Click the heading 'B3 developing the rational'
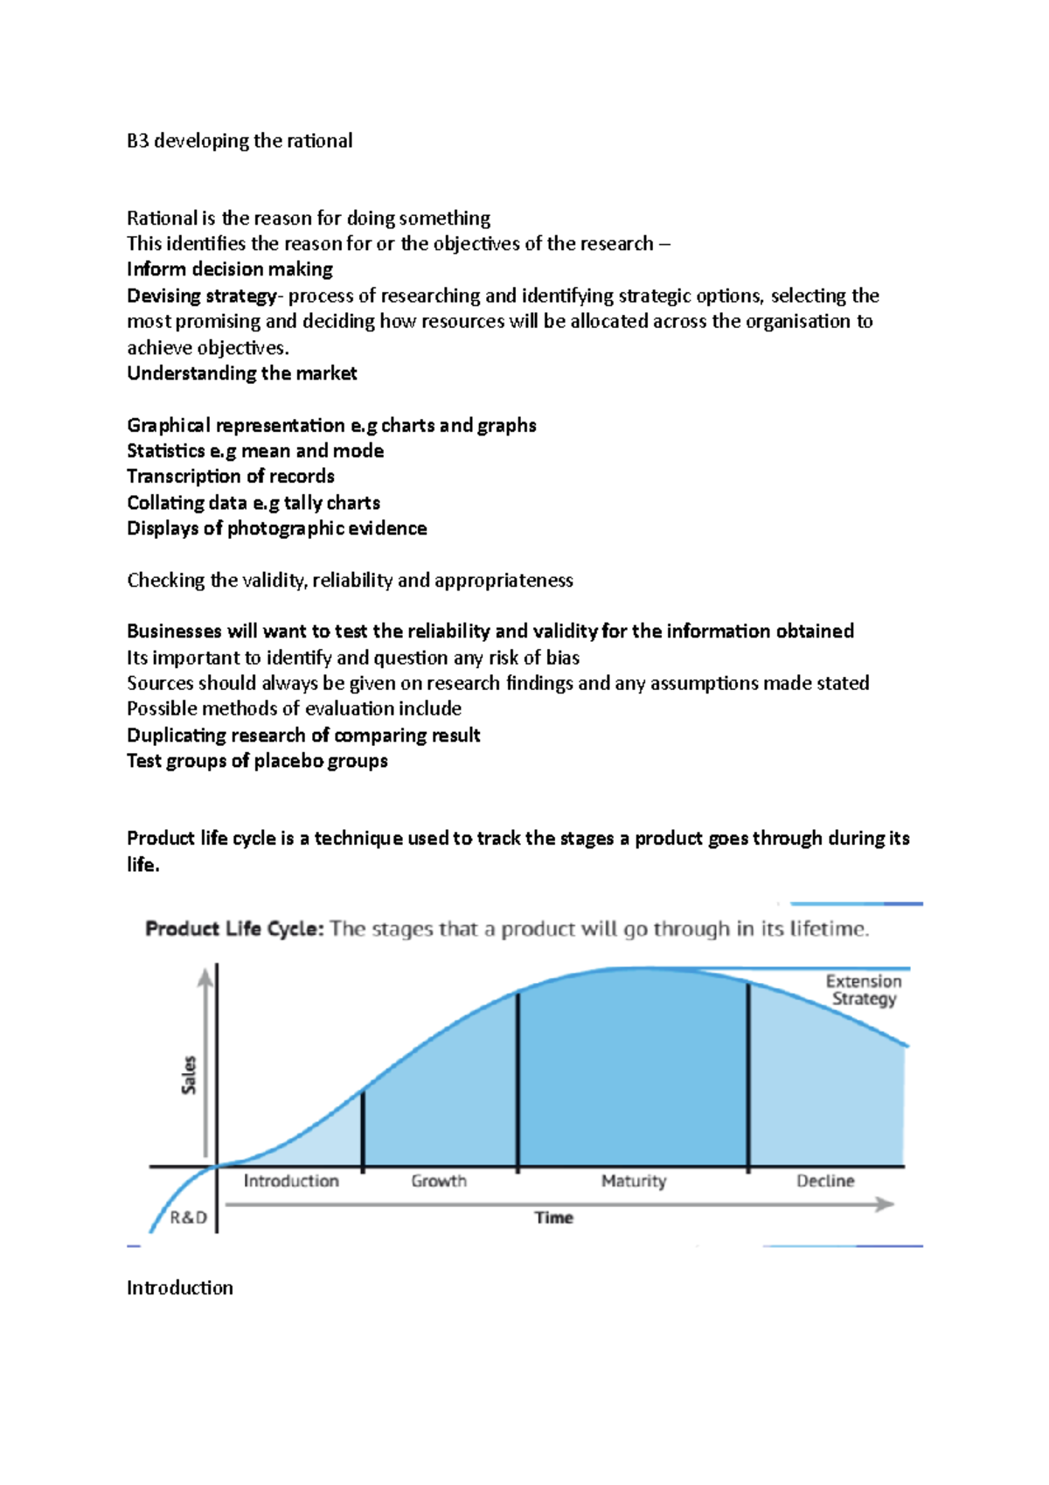[x=240, y=141]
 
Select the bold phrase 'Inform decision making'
[x=230, y=269]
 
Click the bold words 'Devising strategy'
[x=201, y=296]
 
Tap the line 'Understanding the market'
[x=242, y=373]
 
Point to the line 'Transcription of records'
[x=231, y=477]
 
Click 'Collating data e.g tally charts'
[x=254, y=503]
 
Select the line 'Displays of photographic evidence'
[x=277, y=528]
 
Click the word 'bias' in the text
[x=563, y=658]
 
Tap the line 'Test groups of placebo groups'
[x=257, y=761]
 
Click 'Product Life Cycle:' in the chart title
[x=234, y=929]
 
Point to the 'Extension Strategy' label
[x=864, y=990]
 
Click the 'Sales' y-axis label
[x=189, y=1075]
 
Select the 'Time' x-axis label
[x=553, y=1217]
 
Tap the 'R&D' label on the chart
[x=188, y=1217]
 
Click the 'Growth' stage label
[x=439, y=1181]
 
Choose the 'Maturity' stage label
[x=634, y=1181]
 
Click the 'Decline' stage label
[x=825, y=1181]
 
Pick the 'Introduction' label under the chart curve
[x=291, y=1181]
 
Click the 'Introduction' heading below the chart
[x=180, y=1288]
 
